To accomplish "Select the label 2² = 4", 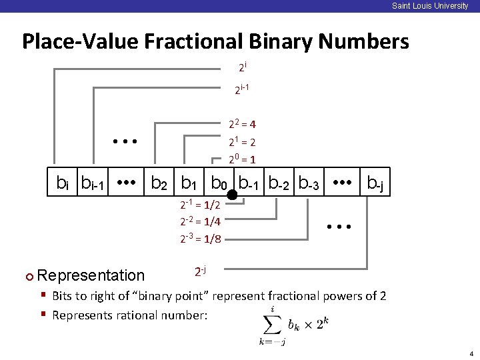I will tap(243, 124).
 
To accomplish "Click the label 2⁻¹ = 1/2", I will tap(201, 206).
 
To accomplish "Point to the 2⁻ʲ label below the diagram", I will tap(200, 271).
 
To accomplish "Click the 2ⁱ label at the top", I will tap(243, 67).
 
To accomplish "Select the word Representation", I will tap(91, 275).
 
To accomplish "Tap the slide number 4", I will tap(470, 353).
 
